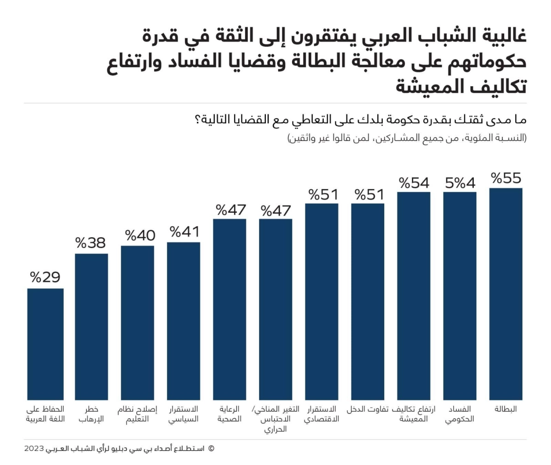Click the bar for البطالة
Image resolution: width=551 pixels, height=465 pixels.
[506, 293]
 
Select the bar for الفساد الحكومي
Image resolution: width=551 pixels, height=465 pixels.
[460, 296]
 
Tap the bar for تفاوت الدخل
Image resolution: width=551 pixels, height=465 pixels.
[367, 301]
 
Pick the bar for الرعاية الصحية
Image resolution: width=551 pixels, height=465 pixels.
[230, 309]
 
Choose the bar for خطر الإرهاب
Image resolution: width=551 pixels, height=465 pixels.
[91, 327]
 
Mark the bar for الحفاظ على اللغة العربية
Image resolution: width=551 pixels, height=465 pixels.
[45, 344]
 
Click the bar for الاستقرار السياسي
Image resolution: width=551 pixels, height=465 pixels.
[184, 321]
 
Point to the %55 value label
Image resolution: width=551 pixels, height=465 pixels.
[506, 178]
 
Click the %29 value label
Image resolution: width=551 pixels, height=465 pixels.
[45, 277]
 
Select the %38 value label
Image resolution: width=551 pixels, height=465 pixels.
[91, 243]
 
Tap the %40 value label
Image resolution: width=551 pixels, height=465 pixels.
[140, 235]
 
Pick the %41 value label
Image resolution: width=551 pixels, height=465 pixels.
[185, 232]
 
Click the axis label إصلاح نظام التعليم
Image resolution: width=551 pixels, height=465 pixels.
[137, 414]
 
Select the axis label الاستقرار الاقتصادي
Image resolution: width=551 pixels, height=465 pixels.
[321, 414]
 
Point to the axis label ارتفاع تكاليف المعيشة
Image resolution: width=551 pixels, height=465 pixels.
[413, 414]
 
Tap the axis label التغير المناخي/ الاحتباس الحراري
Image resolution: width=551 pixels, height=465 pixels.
[276, 419]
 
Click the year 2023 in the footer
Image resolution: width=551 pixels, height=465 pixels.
[34, 448]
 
